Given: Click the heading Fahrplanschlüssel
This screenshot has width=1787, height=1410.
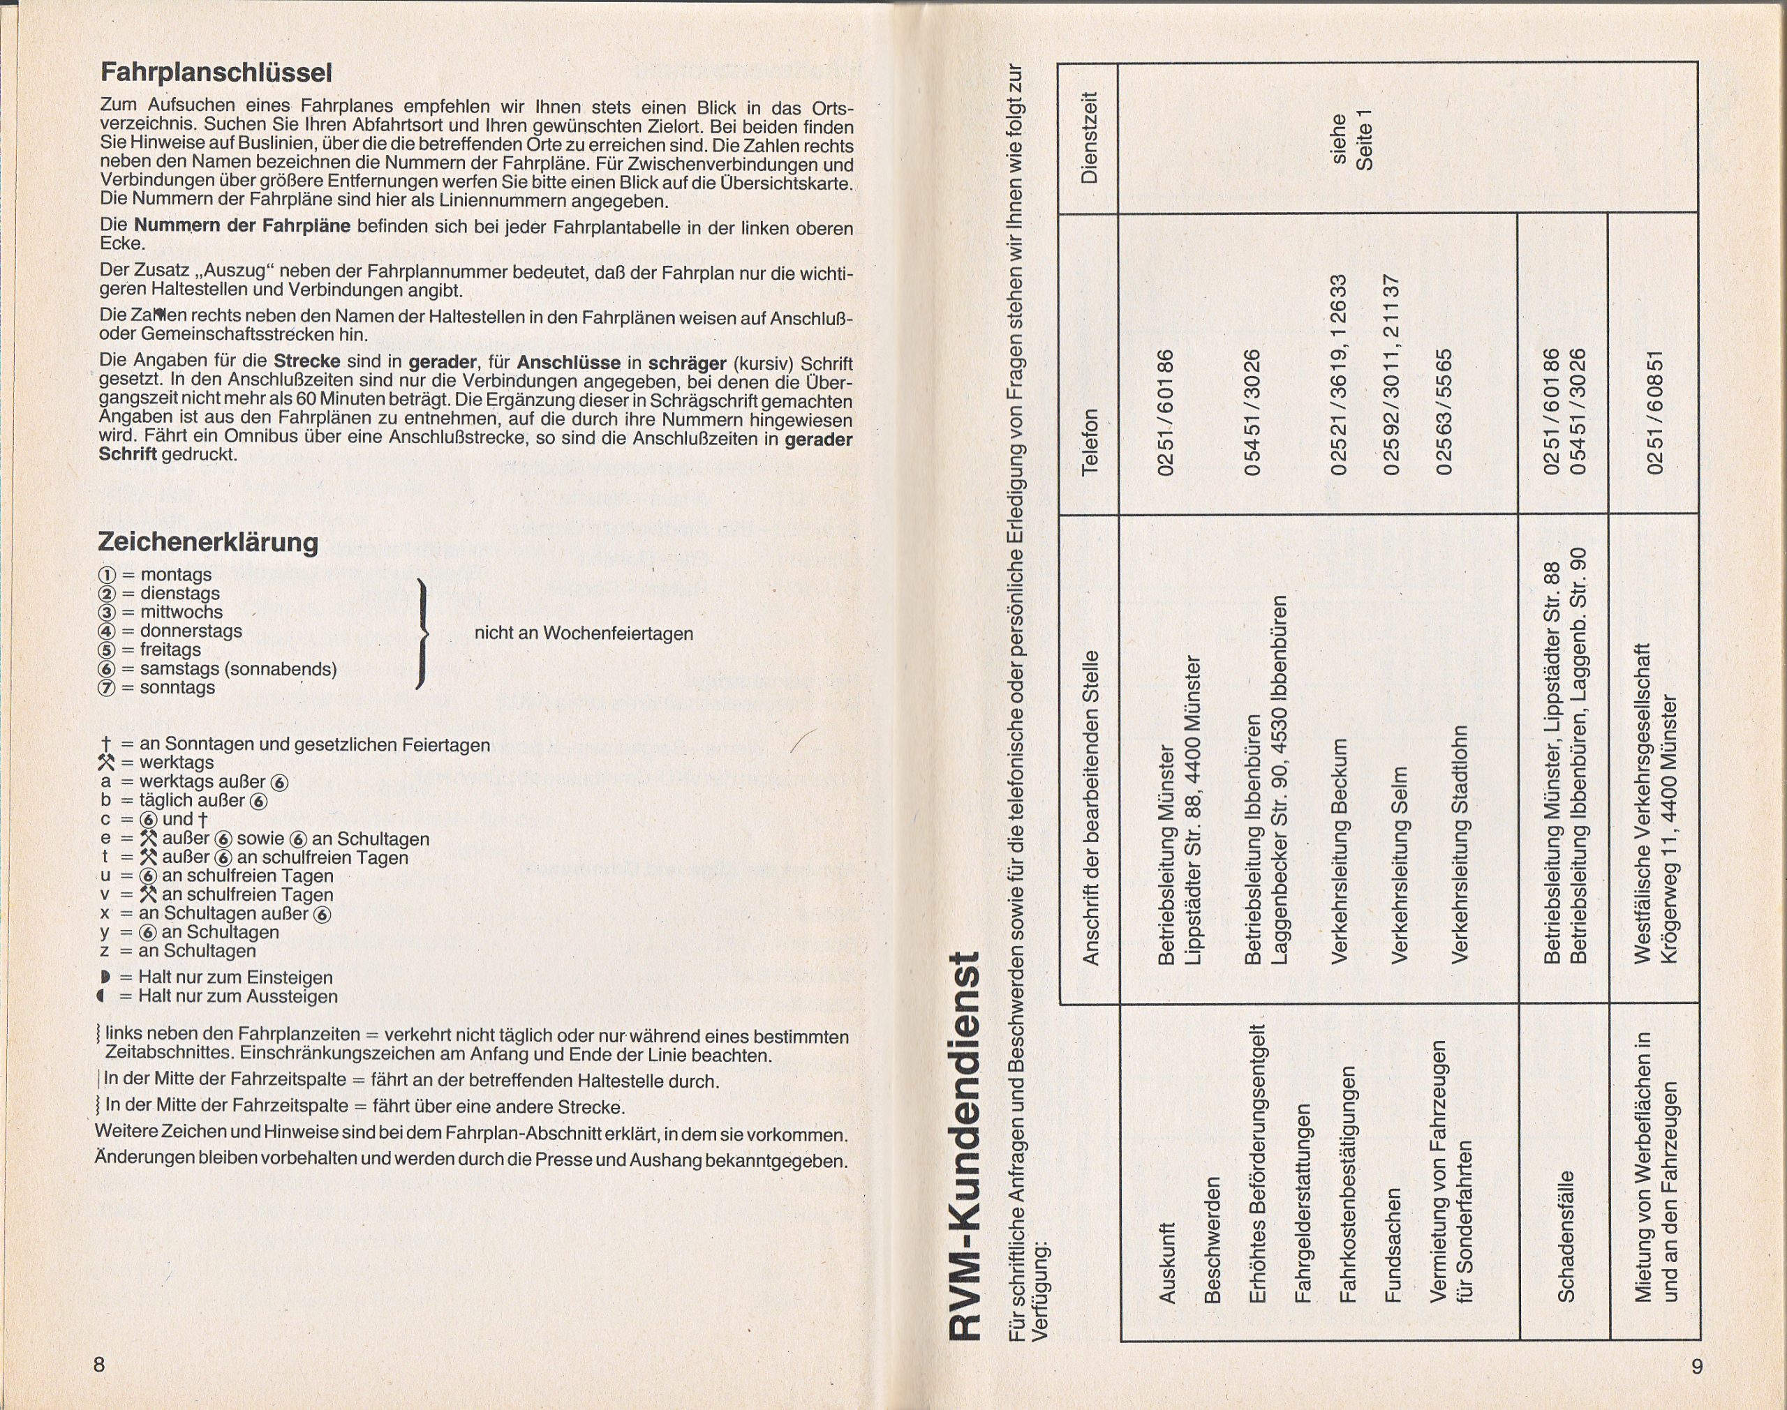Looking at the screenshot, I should coord(216,73).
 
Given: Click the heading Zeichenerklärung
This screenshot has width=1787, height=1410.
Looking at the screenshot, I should coord(207,542).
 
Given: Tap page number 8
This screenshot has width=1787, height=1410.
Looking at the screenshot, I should coord(99,1365).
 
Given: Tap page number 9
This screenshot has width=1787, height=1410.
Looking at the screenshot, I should coord(1696,1367).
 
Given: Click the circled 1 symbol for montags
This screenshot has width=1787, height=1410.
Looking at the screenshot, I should coord(107,575).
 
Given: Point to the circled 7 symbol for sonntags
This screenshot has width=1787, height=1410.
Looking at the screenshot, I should coord(107,688).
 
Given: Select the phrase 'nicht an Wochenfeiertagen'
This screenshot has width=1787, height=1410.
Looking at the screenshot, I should coord(583,633).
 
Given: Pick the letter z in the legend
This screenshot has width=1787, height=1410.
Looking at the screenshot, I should coord(105,951).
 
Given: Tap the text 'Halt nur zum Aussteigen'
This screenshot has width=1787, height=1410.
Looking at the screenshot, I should coord(238,996).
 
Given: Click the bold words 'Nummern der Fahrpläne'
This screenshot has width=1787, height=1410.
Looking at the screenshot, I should coord(242,226).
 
